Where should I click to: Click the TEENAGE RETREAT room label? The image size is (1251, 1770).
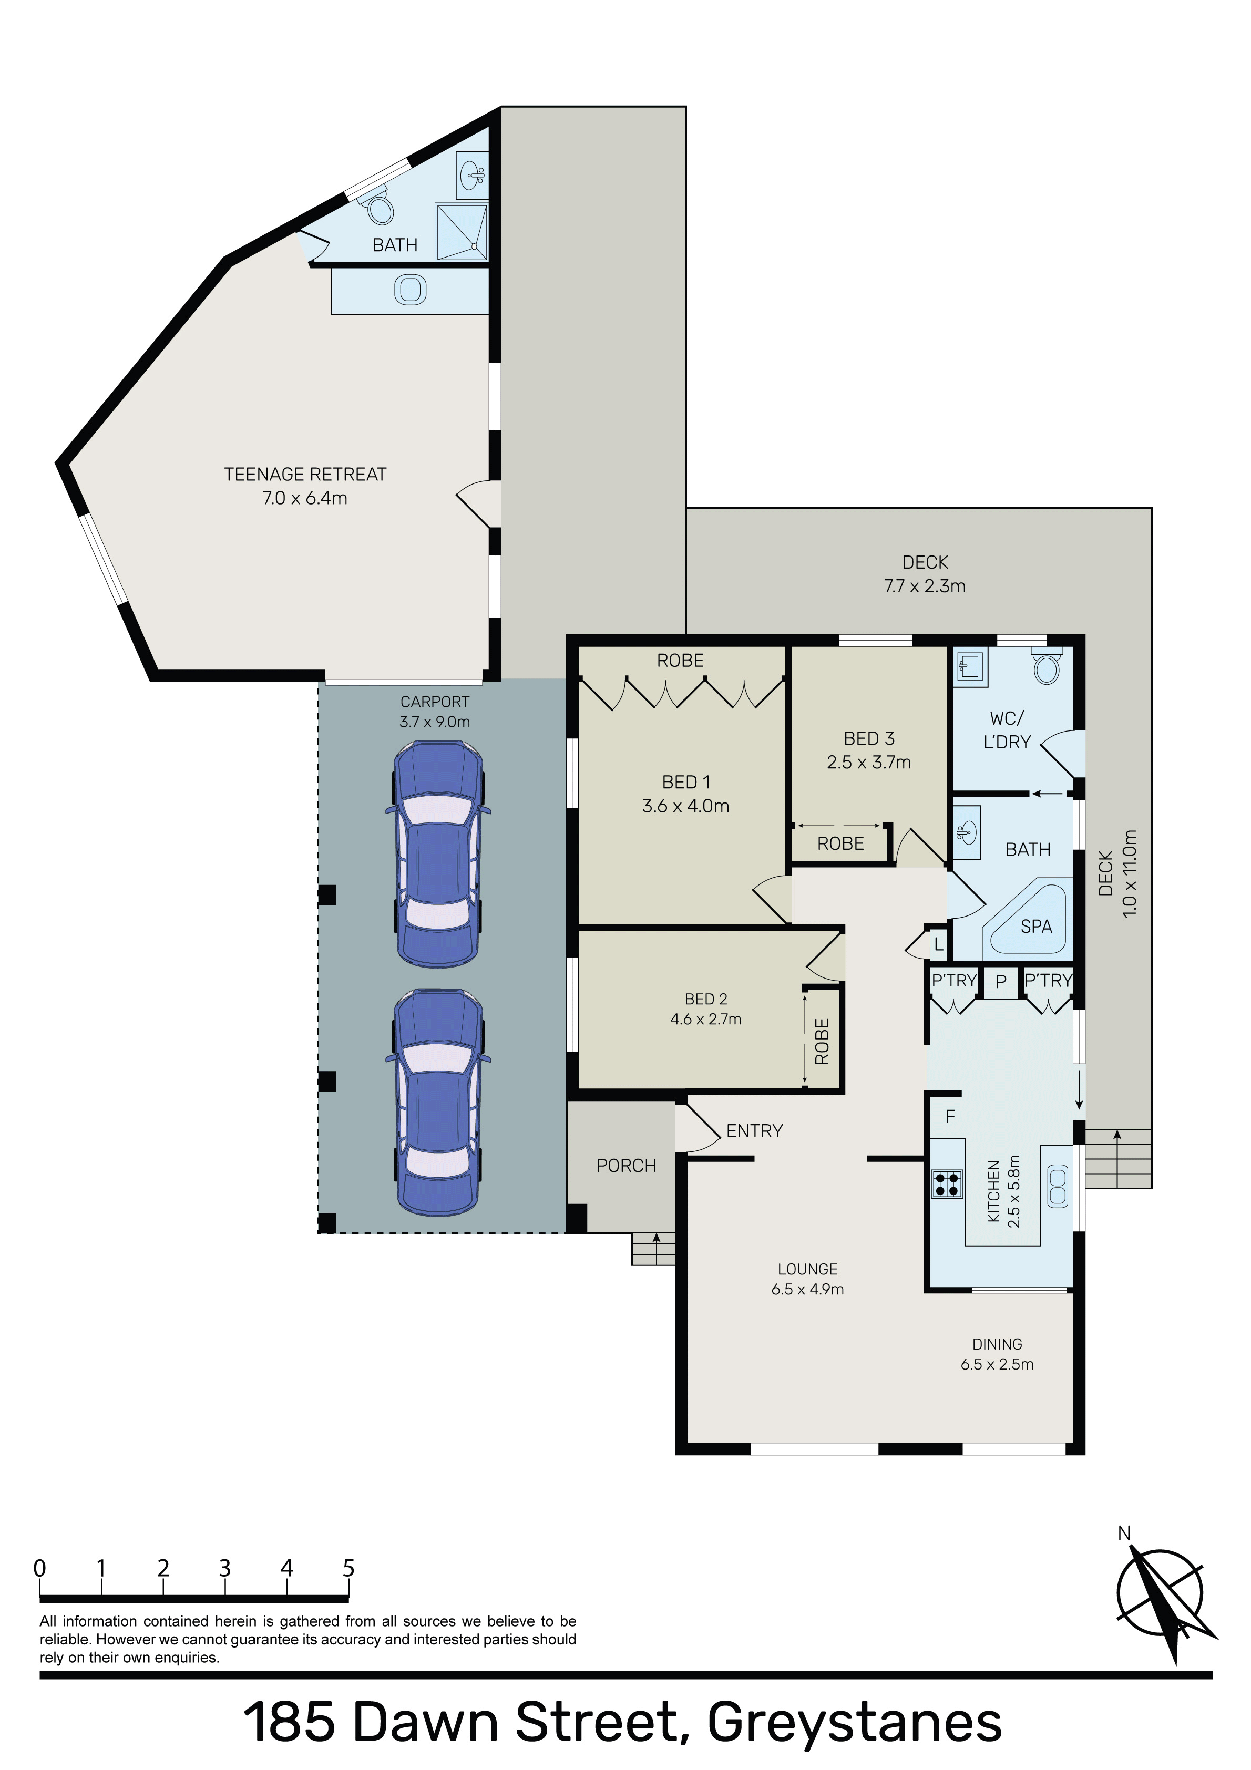(x=305, y=474)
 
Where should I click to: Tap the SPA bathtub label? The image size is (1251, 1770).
(x=1036, y=926)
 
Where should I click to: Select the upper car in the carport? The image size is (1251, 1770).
(x=438, y=854)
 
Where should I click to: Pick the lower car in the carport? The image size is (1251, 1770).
(x=438, y=1103)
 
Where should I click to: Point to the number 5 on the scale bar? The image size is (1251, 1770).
(x=348, y=1568)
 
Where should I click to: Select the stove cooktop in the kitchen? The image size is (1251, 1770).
(x=948, y=1184)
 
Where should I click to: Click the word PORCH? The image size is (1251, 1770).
(x=626, y=1166)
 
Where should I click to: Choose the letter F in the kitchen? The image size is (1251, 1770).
(x=950, y=1116)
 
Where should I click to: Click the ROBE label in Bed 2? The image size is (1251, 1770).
(x=822, y=1042)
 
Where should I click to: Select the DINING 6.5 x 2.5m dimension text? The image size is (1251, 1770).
(x=997, y=1364)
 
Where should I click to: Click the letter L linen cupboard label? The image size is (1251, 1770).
(x=939, y=944)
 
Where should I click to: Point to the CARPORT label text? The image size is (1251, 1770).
(x=435, y=702)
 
